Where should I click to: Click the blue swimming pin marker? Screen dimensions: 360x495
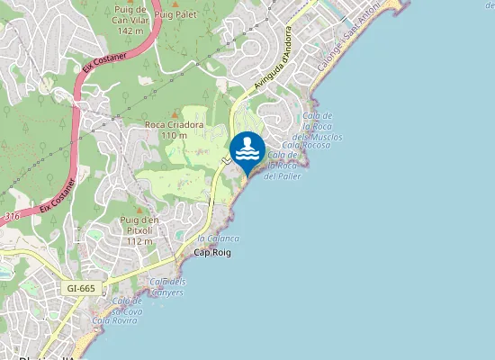[x=247, y=150]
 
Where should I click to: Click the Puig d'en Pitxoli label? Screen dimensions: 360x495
[x=139, y=235]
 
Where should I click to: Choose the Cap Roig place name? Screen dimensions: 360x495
[x=212, y=253]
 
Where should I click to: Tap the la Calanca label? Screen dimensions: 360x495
[x=218, y=238]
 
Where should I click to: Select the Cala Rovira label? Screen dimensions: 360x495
[x=114, y=319]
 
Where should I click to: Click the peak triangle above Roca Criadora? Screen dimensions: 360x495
[x=174, y=112]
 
